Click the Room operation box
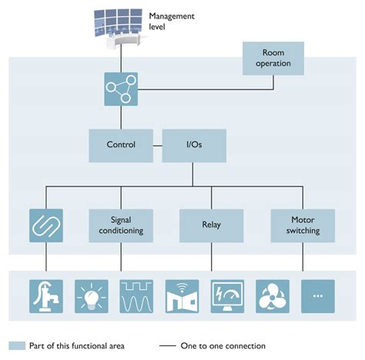click(273, 59)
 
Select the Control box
click(120, 145)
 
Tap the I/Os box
click(193, 145)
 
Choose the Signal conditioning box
click(121, 224)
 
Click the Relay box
click(211, 224)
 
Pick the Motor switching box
click(302, 224)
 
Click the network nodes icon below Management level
click(121, 89)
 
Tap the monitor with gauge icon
click(228, 295)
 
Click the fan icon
click(273, 295)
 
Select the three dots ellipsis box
click(317, 295)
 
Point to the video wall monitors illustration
click(122, 23)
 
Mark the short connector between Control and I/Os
click(158, 145)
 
